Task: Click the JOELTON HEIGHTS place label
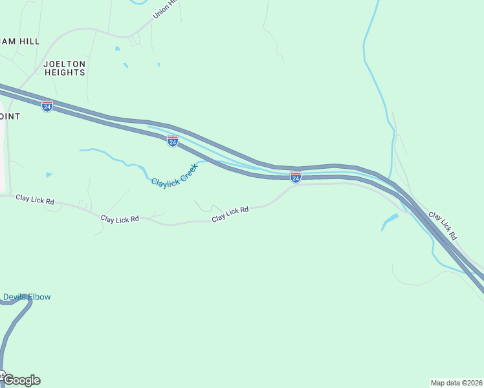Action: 64,68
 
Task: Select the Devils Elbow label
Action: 26,297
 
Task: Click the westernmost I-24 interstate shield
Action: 47,106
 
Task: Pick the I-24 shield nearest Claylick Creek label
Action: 173,141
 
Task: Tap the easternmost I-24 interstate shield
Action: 295,177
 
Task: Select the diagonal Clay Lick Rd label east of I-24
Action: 443,226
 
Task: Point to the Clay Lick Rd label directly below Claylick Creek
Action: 230,214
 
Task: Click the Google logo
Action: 22,380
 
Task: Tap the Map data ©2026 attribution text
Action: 456,382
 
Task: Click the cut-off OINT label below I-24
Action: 10,116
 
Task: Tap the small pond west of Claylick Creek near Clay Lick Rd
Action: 49,175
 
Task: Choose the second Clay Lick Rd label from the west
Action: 120,219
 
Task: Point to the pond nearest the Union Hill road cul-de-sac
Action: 116,48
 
